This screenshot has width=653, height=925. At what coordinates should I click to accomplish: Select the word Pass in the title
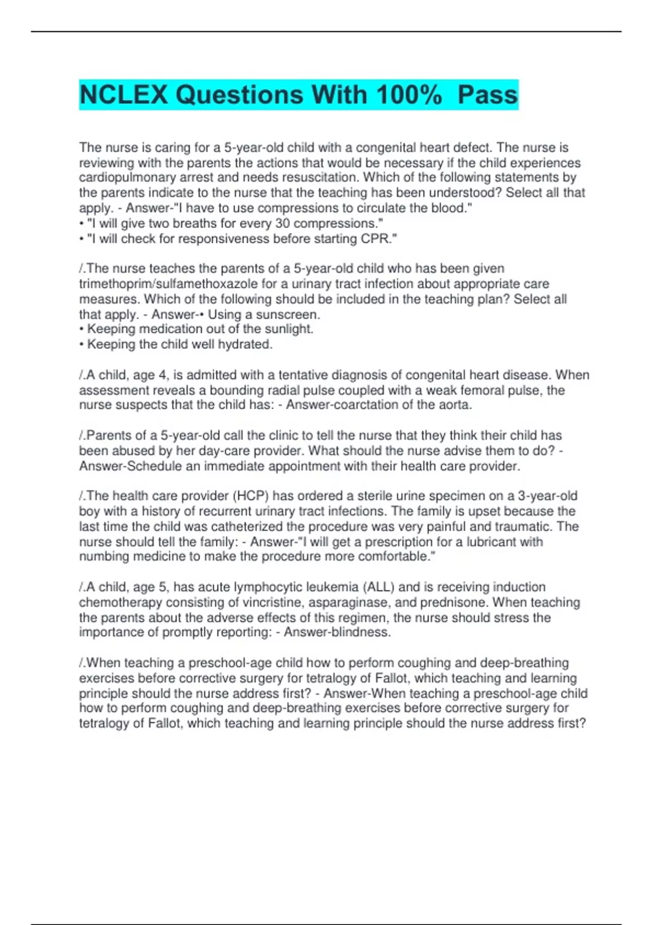(x=488, y=95)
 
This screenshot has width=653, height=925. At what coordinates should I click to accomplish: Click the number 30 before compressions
(x=282, y=224)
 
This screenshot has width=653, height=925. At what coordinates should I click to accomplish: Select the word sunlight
(x=288, y=329)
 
